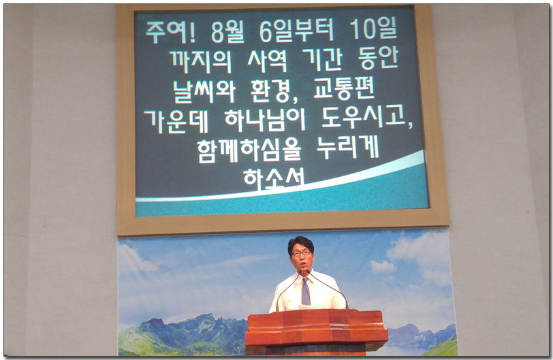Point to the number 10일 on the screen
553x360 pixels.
[372, 30]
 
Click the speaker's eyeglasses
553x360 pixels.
[300, 253]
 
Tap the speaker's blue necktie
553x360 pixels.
[306, 291]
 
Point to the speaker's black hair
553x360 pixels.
[300, 242]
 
